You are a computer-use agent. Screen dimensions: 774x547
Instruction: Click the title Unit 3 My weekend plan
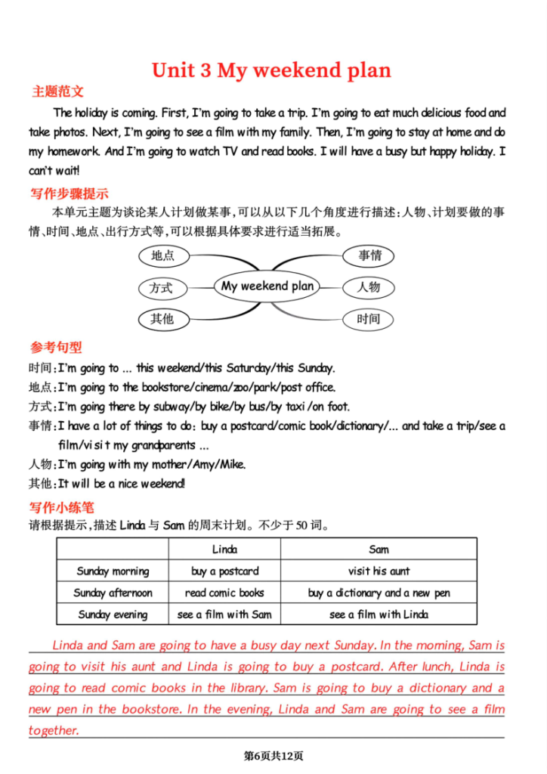pyautogui.click(x=271, y=70)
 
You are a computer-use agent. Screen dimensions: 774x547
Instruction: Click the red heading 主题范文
pyautogui.click(x=57, y=92)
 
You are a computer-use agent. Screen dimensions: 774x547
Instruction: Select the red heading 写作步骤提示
pyautogui.click(x=69, y=193)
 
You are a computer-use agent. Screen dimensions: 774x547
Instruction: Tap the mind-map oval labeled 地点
pyautogui.click(x=163, y=255)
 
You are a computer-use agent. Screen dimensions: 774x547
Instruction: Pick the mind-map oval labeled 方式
pyautogui.click(x=161, y=287)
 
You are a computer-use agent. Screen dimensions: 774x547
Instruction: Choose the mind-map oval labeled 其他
pyautogui.click(x=162, y=319)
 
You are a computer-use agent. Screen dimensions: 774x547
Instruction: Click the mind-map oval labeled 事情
pyautogui.click(x=369, y=255)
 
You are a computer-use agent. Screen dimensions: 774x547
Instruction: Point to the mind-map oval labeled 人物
pyautogui.click(x=369, y=287)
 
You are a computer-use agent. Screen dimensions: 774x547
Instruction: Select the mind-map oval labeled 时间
pyautogui.click(x=369, y=319)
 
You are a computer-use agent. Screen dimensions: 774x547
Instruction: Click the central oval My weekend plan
pyautogui.click(x=267, y=286)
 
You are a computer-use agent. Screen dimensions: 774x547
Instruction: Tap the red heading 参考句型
pyautogui.click(x=56, y=348)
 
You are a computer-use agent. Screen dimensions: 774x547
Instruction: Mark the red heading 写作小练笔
pyautogui.click(x=62, y=507)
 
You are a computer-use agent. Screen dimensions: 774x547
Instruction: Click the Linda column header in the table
pyautogui.click(x=224, y=550)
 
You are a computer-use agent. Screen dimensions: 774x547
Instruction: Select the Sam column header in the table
pyautogui.click(x=379, y=550)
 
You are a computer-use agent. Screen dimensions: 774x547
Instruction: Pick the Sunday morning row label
pyautogui.click(x=113, y=571)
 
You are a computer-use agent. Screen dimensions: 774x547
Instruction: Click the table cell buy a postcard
pyautogui.click(x=224, y=571)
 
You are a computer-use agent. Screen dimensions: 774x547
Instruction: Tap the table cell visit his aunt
pyautogui.click(x=379, y=571)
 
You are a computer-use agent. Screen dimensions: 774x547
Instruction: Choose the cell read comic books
pyautogui.click(x=224, y=593)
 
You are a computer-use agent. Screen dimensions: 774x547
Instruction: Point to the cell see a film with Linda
pyautogui.click(x=379, y=615)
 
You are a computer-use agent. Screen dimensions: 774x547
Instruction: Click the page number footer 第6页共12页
pyautogui.click(x=273, y=755)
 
